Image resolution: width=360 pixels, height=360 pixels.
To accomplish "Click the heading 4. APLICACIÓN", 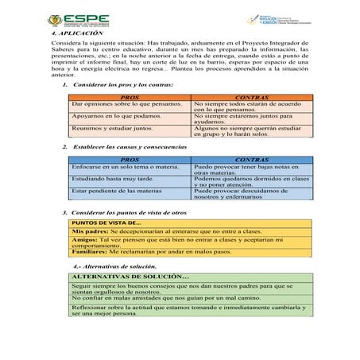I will (77, 35).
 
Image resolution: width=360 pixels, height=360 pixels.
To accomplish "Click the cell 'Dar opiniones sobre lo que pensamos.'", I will (120, 103).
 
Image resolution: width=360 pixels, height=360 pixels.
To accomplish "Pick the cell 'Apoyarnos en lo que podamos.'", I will (110, 116).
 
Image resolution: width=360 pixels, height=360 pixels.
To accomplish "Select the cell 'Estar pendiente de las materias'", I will (111, 192).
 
